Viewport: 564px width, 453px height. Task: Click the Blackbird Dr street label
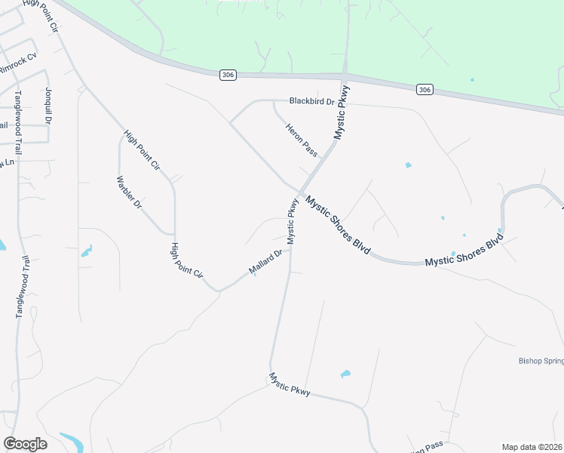pos(311,100)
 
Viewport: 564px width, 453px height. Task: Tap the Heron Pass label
pos(301,140)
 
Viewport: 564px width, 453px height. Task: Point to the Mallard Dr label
pos(265,261)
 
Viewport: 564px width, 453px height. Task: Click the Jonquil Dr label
pos(48,106)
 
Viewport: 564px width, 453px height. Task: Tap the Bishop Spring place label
pos(541,361)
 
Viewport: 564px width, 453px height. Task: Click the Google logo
pos(25,444)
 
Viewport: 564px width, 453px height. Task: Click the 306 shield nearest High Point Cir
pos(229,74)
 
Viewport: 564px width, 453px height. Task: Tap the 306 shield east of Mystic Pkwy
pos(425,89)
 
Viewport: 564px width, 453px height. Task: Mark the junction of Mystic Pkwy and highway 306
pos(345,78)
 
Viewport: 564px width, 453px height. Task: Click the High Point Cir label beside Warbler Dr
pos(143,150)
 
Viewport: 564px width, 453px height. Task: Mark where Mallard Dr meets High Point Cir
pos(218,290)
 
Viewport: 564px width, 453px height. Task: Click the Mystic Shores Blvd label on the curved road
pos(463,252)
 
